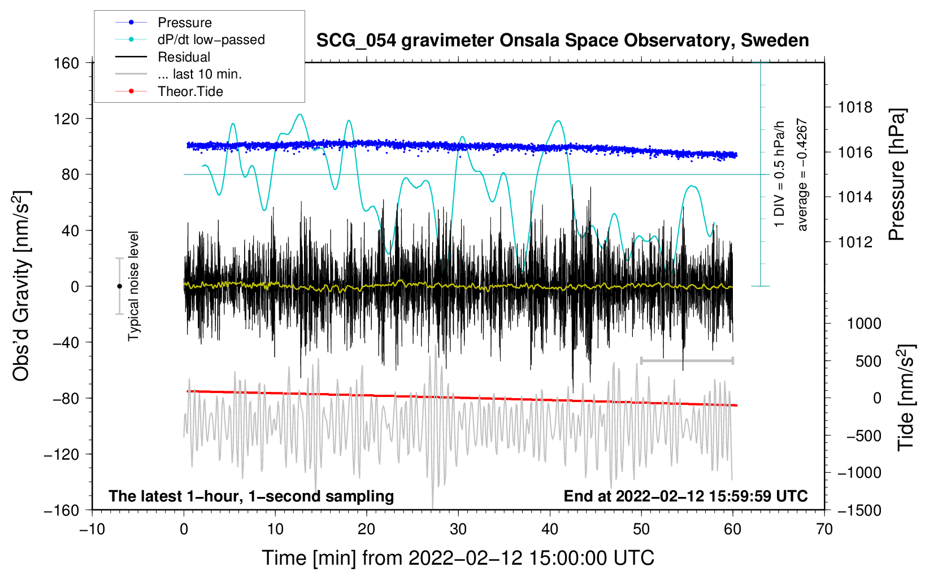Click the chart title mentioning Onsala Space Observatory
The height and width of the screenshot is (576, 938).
point(562,41)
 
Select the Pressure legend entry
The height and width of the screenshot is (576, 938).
point(184,23)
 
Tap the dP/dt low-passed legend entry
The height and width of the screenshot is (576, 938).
point(211,40)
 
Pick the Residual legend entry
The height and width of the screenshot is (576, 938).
point(184,57)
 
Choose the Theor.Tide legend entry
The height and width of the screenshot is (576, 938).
point(190,91)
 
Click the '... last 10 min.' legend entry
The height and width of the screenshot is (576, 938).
point(199,74)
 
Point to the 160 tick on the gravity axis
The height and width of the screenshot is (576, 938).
point(67,63)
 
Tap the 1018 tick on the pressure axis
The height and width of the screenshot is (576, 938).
point(855,107)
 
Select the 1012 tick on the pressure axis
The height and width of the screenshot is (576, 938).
point(855,242)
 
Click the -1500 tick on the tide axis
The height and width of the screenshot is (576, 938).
point(859,510)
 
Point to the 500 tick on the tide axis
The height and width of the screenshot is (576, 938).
point(868,361)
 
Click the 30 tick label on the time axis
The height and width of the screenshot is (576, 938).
point(458,529)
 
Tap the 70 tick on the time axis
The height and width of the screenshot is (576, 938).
point(824,529)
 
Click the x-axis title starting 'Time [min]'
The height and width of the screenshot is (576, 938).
point(458,558)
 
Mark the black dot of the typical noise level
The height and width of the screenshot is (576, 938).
point(119,286)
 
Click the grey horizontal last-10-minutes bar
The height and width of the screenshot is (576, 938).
point(687,360)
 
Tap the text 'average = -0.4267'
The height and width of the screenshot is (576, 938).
point(802,175)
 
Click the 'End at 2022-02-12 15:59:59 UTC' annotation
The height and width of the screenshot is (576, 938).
point(685,496)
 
